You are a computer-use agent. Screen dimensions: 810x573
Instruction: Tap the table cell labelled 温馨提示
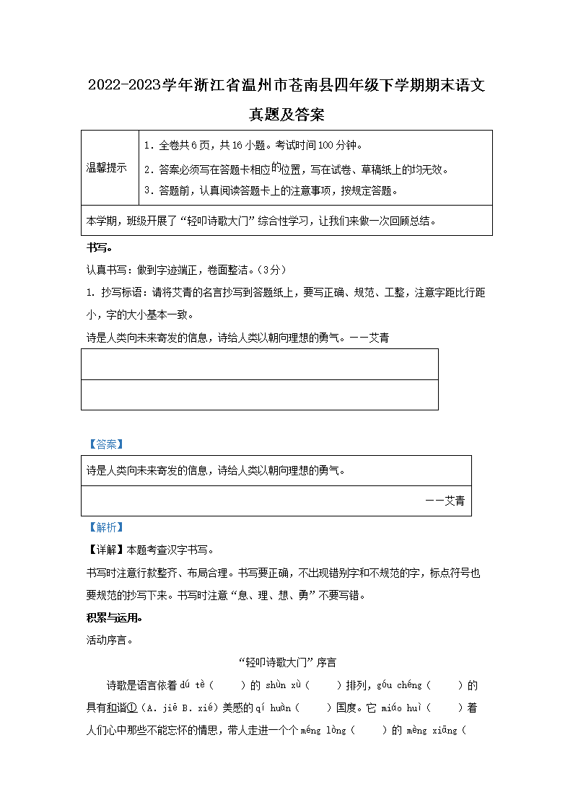[x=106, y=167]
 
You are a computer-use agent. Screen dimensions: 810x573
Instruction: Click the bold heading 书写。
[x=99, y=247]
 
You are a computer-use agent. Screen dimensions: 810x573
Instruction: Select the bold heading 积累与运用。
[x=114, y=618]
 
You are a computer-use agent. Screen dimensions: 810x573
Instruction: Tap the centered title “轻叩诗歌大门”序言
[x=286, y=662]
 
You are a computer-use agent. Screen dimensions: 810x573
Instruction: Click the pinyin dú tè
[x=196, y=685]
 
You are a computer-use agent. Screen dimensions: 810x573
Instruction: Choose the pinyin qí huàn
[x=271, y=708]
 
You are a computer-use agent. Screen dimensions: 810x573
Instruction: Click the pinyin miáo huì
[x=403, y=708]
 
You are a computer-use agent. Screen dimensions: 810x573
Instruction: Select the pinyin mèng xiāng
[x=434, y=730]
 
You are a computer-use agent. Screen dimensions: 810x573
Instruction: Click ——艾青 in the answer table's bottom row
[x=445, y=501]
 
